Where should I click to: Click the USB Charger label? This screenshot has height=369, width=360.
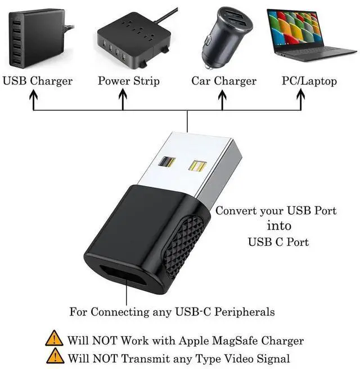coord(38,81)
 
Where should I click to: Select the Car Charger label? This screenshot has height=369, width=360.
coord(224,81)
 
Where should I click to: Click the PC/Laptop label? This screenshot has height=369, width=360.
coord(309,81)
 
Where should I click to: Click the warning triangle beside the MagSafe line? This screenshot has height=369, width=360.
coord(55,339)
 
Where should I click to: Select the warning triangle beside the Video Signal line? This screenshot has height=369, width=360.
coord(55,357)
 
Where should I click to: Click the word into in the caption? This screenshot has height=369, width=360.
coord(279,226)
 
